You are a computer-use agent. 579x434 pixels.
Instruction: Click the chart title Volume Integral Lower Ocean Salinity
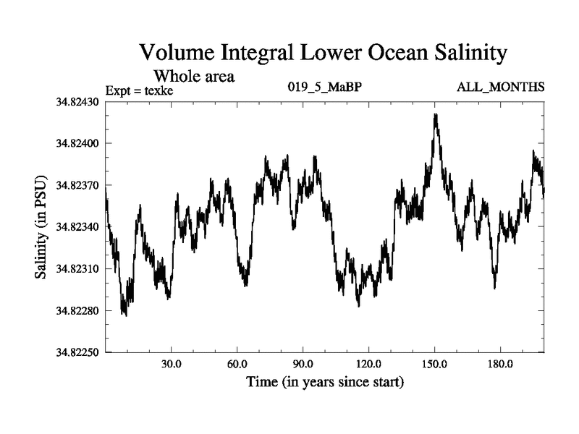(x=323, y=52)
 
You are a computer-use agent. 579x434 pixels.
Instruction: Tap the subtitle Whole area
(x=194, y=75)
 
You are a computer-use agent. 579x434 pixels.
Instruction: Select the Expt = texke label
(x=140, y=90)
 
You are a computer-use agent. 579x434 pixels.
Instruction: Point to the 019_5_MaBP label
(x=318, y=88)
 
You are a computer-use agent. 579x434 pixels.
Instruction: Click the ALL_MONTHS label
(x=500, y=88)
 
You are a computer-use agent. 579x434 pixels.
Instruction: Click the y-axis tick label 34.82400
(x=77, y=143)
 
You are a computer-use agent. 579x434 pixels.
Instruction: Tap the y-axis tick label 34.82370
(x=77, y=185)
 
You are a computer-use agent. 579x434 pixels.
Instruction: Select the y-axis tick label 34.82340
(x=77, y=227)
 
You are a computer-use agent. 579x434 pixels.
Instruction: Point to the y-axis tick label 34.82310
(x=77, y=269)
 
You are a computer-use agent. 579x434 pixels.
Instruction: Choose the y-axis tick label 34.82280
(x=77, y=311)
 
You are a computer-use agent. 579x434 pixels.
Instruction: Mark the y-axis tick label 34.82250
(x=77, y=353)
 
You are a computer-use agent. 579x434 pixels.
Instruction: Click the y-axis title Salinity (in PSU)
(x=41, y=227)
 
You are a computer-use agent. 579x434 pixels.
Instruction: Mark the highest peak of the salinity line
(x=435, y=114)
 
